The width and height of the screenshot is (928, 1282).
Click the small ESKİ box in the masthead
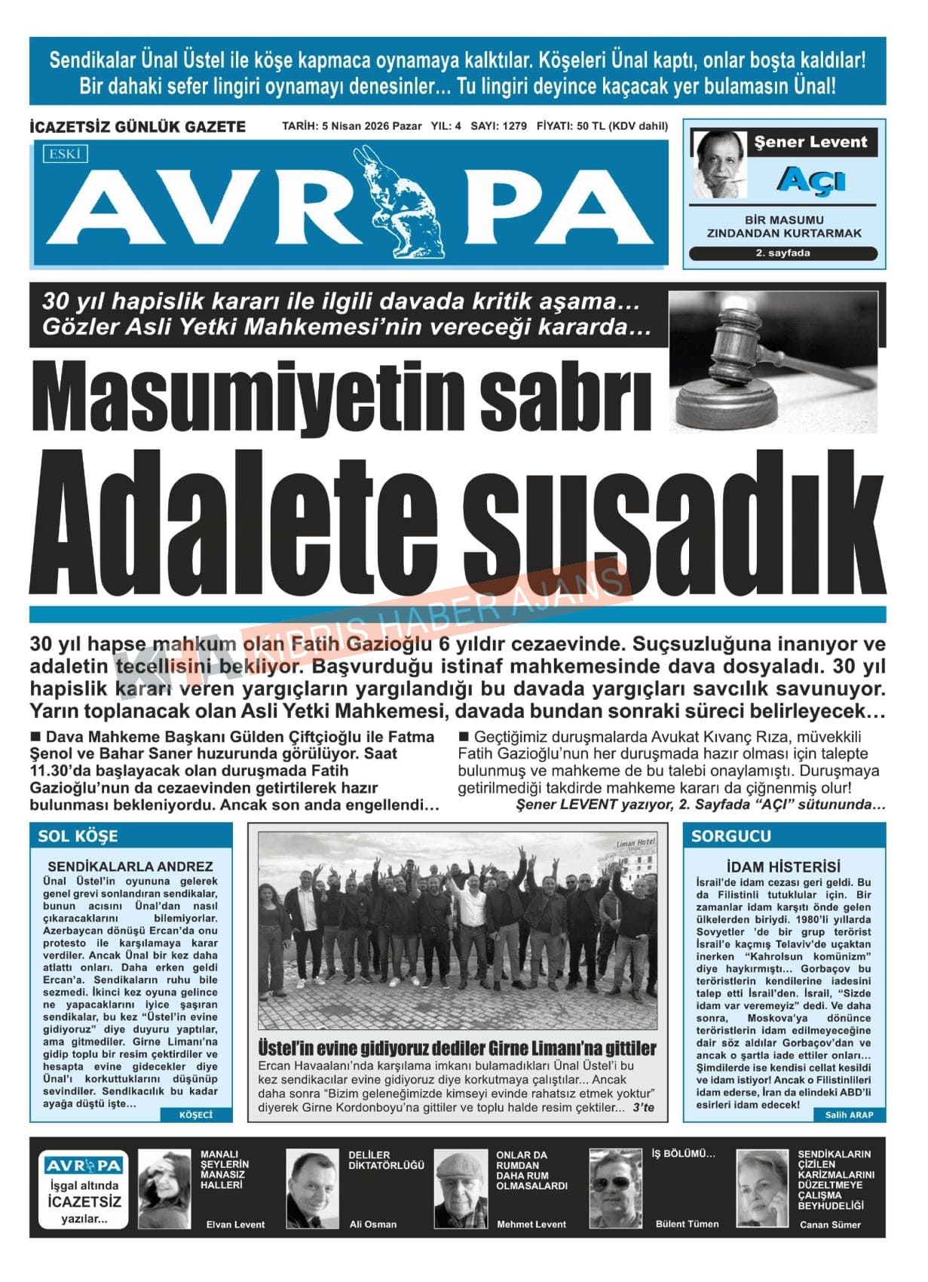point(66,155)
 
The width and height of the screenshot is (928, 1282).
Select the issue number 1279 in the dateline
point(513,126)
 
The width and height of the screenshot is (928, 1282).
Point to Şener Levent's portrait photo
point(719,164)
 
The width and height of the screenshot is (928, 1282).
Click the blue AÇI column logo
point(810,181)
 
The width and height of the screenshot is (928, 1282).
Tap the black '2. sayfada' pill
point(783,253)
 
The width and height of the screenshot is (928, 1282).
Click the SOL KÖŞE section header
point(78,836)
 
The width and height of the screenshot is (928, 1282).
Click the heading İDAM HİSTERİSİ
point(783,866)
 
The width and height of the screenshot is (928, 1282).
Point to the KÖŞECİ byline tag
point(196,1115)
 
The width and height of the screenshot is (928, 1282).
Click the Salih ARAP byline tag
point(849,1115)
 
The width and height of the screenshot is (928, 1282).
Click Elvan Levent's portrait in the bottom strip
point(164,1189)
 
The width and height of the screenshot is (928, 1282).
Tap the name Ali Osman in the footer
point(372,1224)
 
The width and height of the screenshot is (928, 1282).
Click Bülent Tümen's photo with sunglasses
point(614,1189)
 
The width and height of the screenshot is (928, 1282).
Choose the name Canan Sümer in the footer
point(829,1225)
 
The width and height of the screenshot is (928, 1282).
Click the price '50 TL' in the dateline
point(590,126)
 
